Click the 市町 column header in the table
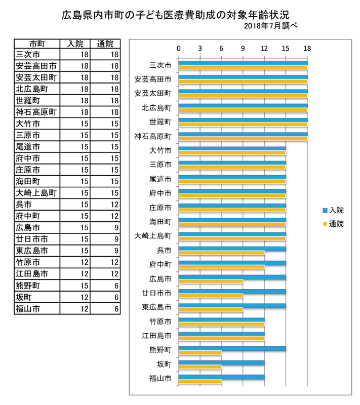point(36,44)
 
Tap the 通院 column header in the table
point(105,44)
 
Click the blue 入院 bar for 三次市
point(243,63)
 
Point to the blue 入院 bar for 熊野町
point(232,348)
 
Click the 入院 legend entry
point(332,210)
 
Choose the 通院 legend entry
point(332,224)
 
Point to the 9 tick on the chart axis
point(243,49)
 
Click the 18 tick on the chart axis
point(307,49)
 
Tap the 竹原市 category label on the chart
point(160,321)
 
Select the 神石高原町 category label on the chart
point(153,136)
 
